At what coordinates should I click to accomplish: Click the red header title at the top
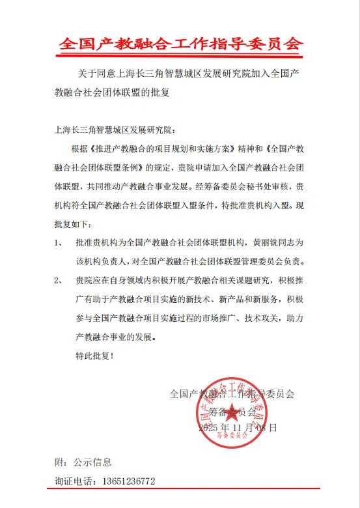click(181, 44)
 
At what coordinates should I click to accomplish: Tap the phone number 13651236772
click(124, 481)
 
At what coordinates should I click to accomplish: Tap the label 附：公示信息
click(83, 462)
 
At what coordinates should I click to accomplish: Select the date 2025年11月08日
click(238, 428)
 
